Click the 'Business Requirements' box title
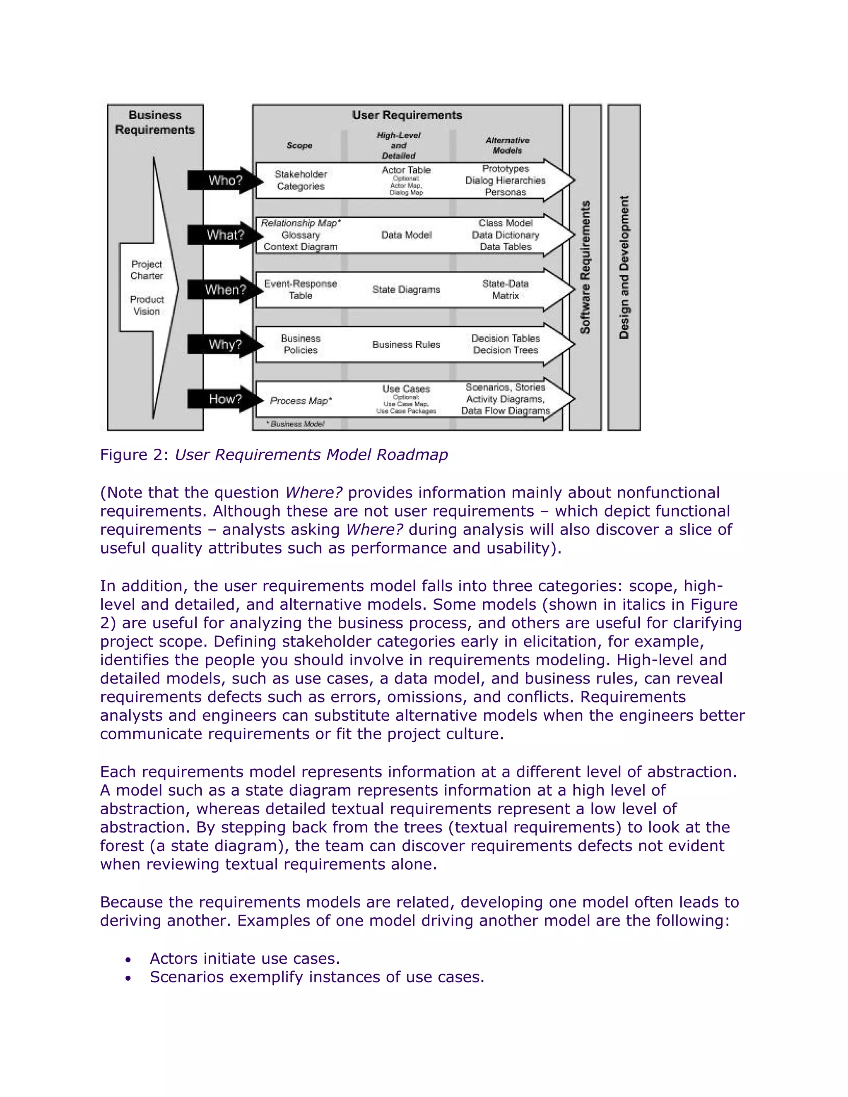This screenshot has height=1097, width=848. coord(155,122)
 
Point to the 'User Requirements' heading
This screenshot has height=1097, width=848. coord(407,115)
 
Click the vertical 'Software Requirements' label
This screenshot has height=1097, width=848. coord(585,267)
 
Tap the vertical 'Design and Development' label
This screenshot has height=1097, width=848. coord(624,267)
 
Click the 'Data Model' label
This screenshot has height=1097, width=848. coord(406,235)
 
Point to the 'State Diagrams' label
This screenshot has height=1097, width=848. coord(406,290)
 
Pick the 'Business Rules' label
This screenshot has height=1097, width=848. coord(406,344)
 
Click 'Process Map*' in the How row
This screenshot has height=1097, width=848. coord(301,401)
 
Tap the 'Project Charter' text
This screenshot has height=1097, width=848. coord(147,270)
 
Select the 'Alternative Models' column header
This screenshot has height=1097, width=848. coord(507,145)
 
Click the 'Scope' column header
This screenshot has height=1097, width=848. coord(299,146)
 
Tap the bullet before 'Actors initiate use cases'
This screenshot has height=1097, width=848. coord(129,960)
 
